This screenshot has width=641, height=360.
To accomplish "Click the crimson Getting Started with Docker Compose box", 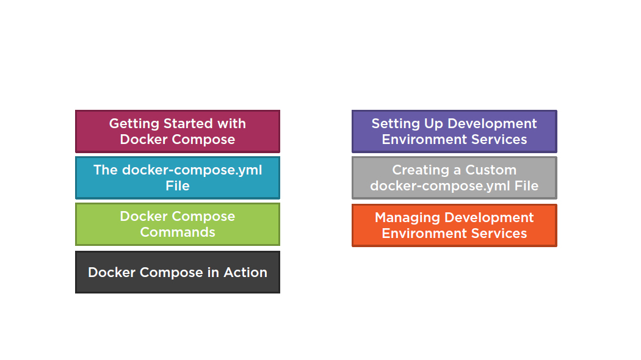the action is click(178, 131).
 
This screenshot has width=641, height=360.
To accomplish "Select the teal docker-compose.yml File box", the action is click(178, 178).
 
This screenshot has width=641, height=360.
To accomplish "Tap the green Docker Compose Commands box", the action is click(178, 224).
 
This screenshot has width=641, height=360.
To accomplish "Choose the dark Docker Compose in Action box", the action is click(178, 272).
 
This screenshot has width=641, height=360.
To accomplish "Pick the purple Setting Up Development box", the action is click(454, 131).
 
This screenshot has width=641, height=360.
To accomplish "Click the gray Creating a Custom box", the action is click(454, 178).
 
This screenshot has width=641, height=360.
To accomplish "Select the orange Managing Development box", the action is click(454, 225).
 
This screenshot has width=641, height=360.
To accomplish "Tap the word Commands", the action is click(178, 232).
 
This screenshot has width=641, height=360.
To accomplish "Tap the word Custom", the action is click(491, 170).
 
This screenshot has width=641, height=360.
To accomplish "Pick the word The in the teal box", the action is click(106, 170).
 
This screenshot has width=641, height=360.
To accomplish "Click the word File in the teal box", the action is click(178, 185).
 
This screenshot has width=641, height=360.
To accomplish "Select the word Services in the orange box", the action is click(499, 233).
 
